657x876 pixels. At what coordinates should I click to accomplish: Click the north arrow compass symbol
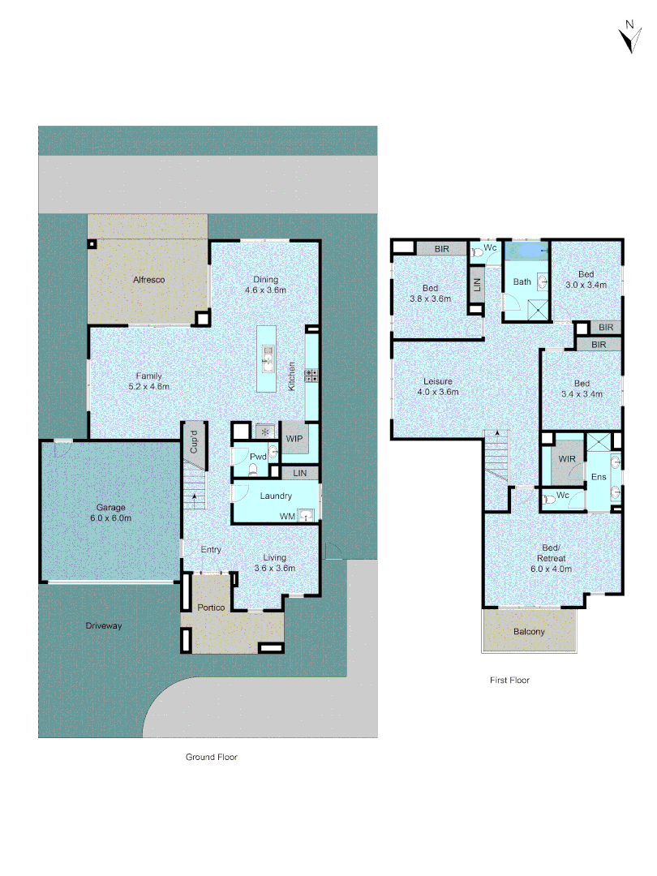tap(627, 37)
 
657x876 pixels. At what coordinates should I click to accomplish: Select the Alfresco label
tap(149, 280)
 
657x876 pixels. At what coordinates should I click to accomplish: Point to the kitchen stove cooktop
tap(310, 375)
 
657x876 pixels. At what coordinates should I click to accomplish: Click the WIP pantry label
tap(294, 439)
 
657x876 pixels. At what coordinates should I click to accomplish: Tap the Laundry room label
tap(276, 496)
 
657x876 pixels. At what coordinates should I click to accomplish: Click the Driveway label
tap(104, 626)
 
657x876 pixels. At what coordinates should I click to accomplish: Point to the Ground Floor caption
tap(211, 757)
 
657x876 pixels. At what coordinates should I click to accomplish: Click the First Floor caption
tap(509, 681)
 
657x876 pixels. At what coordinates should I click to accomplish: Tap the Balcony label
tap(529, 632)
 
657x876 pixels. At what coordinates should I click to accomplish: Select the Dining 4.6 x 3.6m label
tap(266, 284)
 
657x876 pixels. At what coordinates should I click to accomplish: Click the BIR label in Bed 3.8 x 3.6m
tap(442, 248)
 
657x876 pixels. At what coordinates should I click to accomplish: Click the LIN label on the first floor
tap(477, 284)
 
